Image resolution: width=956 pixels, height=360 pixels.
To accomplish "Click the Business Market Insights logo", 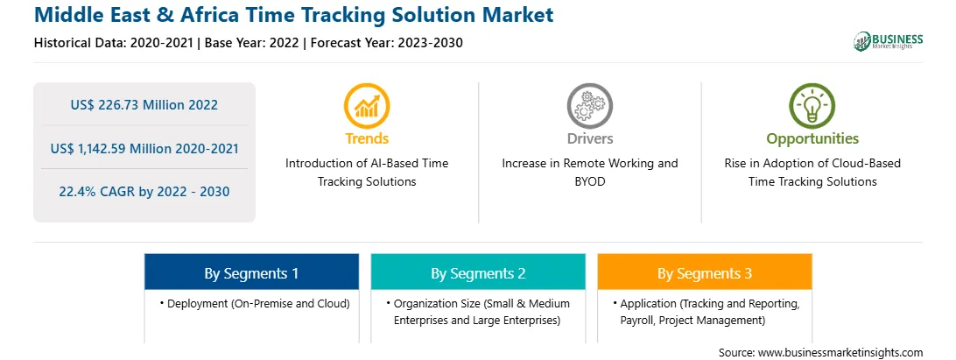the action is (x=889, y=41).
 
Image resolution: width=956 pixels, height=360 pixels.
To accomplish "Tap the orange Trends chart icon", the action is (x=367, y=106).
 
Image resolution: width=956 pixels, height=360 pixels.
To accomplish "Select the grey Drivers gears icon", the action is (x=589, y=106).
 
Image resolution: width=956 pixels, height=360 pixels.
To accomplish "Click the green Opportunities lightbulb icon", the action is (x=812, y=106).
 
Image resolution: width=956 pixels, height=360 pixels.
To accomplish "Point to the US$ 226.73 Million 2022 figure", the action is (x=144, y=105).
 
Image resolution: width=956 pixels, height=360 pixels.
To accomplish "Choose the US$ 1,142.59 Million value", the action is (x=122, y=148).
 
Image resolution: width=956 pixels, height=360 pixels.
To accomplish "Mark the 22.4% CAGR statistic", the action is (x=144, y=192).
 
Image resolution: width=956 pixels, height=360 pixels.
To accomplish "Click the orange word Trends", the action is (x=367, y=138).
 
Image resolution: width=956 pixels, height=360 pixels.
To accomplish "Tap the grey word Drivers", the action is (x=589, y=138).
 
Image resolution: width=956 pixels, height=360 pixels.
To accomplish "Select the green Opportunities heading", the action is (x=812, y=138).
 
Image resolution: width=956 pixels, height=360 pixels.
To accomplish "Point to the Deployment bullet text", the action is (x=255, y=303).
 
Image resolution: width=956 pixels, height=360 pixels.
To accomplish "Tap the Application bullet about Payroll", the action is (x=708, y=311).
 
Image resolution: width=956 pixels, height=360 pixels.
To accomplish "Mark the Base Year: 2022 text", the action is (x=252, y=43).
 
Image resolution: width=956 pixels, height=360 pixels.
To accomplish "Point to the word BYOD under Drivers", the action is (x=589, y=181).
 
